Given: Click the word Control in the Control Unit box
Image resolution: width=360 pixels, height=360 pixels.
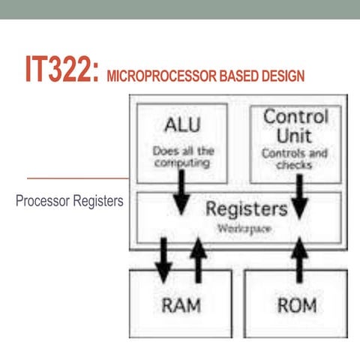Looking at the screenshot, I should pos(295,118).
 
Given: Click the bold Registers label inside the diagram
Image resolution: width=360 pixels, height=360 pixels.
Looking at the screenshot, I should pos(246,208).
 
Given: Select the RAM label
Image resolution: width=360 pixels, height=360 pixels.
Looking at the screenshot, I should pos(180,305).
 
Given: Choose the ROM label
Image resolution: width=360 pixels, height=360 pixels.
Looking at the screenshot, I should pos(296,305).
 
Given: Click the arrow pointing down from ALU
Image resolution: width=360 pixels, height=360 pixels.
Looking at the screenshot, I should pos(181,190).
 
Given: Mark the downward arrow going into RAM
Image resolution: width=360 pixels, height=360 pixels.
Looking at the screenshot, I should pos(162,256).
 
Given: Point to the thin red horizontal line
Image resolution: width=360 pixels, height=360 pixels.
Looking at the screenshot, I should pos(75,178).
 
